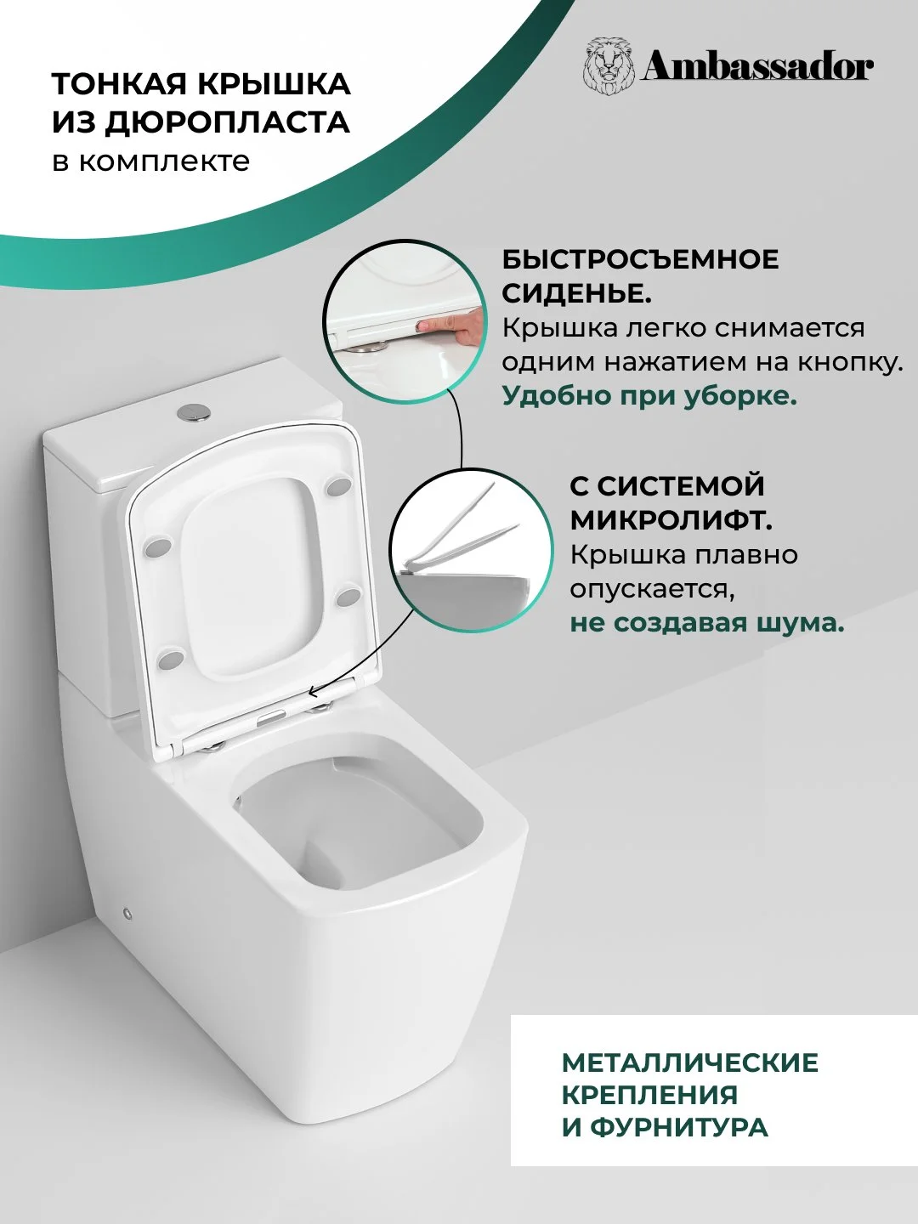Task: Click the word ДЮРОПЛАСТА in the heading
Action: tap(230, 122)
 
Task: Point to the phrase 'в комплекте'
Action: tap(151, 161)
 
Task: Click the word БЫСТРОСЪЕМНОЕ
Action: tap(640, 260)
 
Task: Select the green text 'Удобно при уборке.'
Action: tap(649, 396)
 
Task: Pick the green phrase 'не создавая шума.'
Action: tap(706, 622)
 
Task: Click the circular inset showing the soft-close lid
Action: tap(470, 549)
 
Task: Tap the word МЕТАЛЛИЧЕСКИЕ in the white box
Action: tap(690, 1062)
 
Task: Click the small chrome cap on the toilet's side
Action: tap(128, 914)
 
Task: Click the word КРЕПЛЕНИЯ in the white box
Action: tap(649, 1095)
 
